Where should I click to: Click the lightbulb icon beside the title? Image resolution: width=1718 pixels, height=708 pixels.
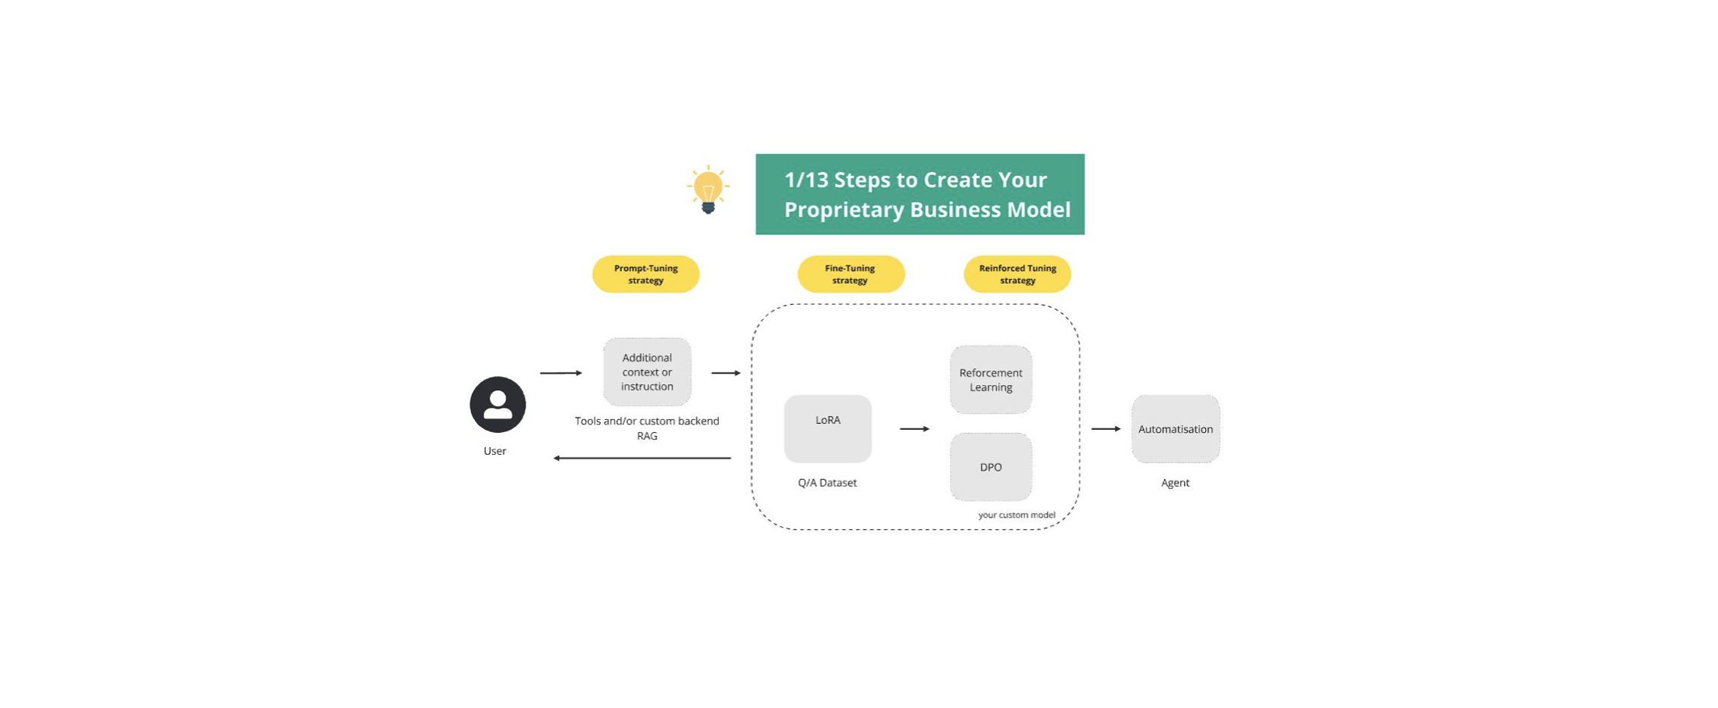point(708,190)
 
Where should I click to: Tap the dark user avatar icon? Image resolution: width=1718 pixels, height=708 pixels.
point(498,404)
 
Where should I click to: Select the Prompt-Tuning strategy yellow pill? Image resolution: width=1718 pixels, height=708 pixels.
point(645,274)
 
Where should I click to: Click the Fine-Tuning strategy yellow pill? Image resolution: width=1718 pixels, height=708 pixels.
point(851,274)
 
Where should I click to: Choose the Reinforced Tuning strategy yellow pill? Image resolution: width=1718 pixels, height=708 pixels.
point(1017,274)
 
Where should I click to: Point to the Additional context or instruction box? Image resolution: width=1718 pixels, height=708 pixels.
point(647,371)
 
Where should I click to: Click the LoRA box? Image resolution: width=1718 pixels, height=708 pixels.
point(828,428)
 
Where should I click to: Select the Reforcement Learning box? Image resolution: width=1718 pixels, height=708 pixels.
point(991,380)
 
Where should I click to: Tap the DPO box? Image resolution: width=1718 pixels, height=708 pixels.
point(991,467)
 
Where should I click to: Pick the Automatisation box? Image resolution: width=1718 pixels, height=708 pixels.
point(1176,429)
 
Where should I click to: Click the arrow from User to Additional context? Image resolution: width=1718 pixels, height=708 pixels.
point(561,373)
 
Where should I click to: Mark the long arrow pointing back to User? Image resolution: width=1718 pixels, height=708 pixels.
point(642,458)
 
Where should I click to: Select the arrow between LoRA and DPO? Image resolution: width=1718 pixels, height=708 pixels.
point(915,429)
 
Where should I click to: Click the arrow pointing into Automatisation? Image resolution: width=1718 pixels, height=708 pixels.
point(1106,429)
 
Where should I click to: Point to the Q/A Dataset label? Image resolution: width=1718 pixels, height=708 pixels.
point(827,483)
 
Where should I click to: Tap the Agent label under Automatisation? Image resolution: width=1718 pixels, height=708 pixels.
point(1175,483)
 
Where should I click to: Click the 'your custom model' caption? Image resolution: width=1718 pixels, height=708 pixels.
point(1017,515)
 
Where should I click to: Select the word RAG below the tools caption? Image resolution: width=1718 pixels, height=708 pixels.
point(647,436)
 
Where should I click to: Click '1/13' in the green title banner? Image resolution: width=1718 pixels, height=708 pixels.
point(806,180)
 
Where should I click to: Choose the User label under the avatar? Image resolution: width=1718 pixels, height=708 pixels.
point(495,451)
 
